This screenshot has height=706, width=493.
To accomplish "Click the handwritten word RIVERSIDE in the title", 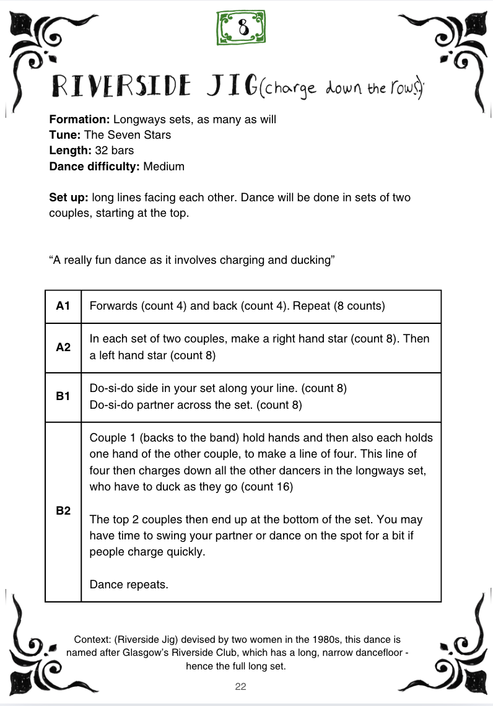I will [121, 87].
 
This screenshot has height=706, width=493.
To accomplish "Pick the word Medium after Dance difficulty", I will [164, 166].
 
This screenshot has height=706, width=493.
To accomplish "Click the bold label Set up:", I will [69, 198].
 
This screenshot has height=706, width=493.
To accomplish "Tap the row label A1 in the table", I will [63, 306].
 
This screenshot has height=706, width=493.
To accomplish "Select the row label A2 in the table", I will [63, 347].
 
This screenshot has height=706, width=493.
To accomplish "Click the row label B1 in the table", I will [63, 396].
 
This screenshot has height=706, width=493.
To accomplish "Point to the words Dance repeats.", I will [129, 584].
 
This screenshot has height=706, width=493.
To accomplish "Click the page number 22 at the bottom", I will [241, 686].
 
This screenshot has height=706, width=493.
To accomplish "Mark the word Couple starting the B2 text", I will [107, 438].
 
